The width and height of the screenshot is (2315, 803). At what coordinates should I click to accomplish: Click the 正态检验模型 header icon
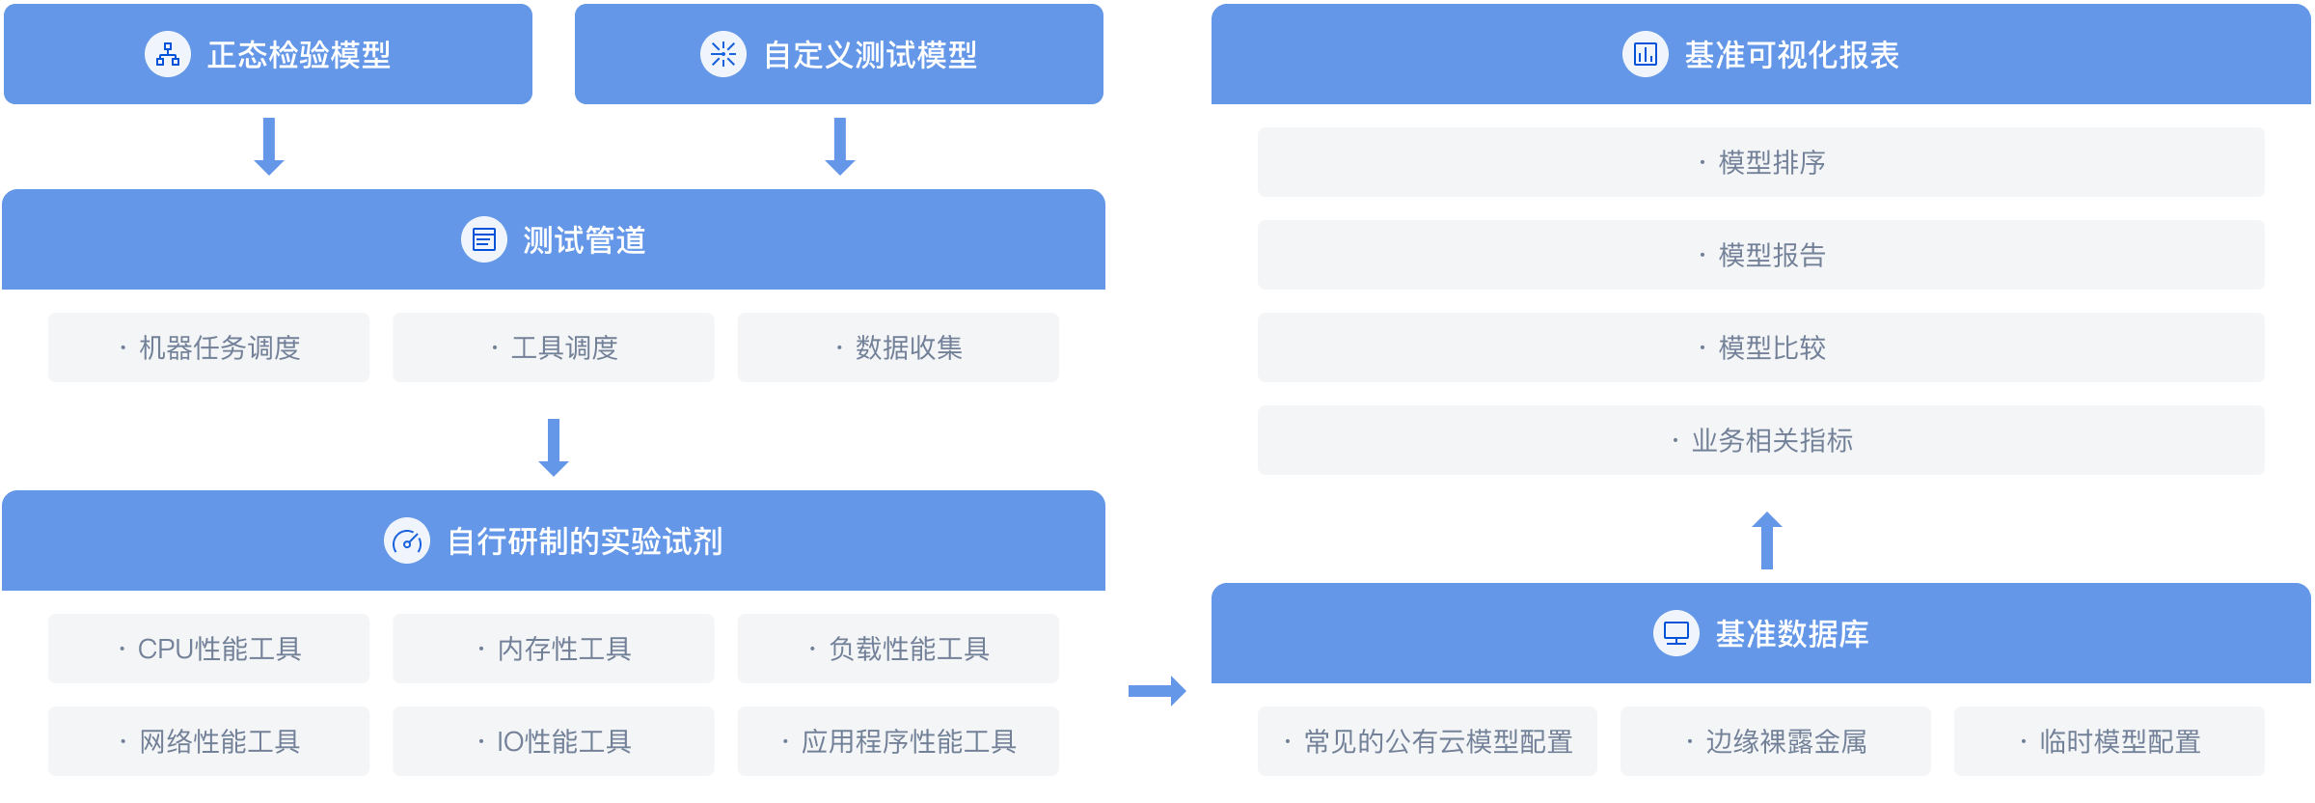[x=168, y=54]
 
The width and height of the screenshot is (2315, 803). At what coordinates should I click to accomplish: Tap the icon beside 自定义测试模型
[x=722, y=54]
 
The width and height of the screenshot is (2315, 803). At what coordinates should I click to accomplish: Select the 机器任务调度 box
[x=209, y=347]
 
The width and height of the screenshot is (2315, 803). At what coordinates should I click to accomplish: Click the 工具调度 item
[x=554, y=347]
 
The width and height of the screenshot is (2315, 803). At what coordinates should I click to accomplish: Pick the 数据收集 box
[x=898, y=347]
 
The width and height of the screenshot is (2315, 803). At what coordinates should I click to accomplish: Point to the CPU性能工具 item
[x=209, y=649]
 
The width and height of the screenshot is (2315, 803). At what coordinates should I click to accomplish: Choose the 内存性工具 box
[x=554, y=649]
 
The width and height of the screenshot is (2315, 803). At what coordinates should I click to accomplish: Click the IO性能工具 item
[x=554, y=741]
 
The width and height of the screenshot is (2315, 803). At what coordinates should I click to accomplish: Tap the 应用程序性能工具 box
[x=898, y=741]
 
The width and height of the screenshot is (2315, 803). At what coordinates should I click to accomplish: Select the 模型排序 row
[x=1761, y=162]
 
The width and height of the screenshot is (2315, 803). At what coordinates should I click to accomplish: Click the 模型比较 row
[x=1761, y=347]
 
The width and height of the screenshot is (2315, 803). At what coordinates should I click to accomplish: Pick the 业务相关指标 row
[x=1761, y=440]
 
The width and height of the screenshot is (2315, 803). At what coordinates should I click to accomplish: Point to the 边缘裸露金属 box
[x=1776, y=741]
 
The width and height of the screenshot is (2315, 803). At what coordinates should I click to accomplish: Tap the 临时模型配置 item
[x=2110, y=741]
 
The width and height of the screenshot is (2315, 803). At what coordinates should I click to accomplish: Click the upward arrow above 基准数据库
[x=1766, y=540]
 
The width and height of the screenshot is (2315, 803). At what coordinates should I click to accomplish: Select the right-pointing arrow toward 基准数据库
[x=1157, y=690]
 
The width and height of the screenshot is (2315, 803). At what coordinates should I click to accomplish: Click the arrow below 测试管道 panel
[x=554, y=448]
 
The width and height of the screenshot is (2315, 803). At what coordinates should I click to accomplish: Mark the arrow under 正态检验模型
[x=269, y=147]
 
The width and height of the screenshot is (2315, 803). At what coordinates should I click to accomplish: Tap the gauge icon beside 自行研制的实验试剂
[x=407, y=541]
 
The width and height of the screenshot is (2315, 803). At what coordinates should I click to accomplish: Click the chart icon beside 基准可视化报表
[x=1645, y=54]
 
